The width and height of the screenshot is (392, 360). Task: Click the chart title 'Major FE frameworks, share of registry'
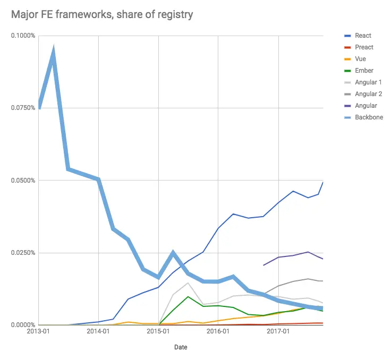click(x=102, y=14)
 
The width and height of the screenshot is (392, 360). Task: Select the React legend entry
click(x=363, y=36)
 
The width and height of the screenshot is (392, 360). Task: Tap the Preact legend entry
click(x=364, y=47)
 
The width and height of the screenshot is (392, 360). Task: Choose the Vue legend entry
click(x=360, y=59)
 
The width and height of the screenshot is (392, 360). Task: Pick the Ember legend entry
click(x=364, y=71)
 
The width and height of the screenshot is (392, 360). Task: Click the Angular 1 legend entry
click(x=368, y=82)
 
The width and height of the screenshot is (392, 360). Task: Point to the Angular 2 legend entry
click(x=368, y=94)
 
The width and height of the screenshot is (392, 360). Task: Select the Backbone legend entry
click(x=369, y=117)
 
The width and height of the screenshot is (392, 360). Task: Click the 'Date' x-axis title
click(x=181, y=347)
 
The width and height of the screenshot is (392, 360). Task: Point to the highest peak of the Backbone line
click(x=54, y=50)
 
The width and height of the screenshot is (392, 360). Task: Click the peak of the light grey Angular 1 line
click(x=188, y=282)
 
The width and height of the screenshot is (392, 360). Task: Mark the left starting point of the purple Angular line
click(x=263, y=265)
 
